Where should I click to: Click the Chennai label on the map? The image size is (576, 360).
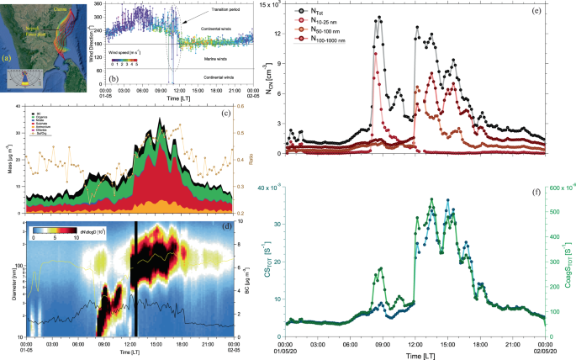62,9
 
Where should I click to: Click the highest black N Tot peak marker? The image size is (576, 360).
379,17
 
